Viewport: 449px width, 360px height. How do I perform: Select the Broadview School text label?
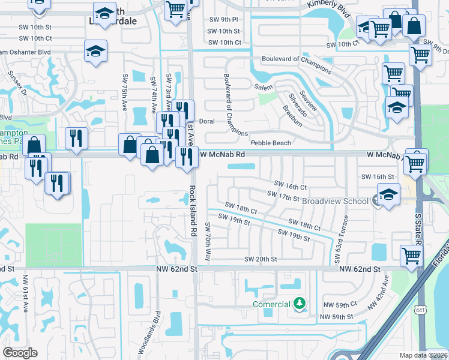335,201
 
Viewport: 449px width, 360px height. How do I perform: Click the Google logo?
20,353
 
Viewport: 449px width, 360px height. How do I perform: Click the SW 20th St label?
260,259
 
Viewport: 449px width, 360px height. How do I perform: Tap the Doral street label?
206,121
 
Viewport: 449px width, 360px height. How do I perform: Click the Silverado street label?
297,104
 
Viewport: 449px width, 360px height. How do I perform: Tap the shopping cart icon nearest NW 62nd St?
412,255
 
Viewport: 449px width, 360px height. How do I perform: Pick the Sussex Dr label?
17,83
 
